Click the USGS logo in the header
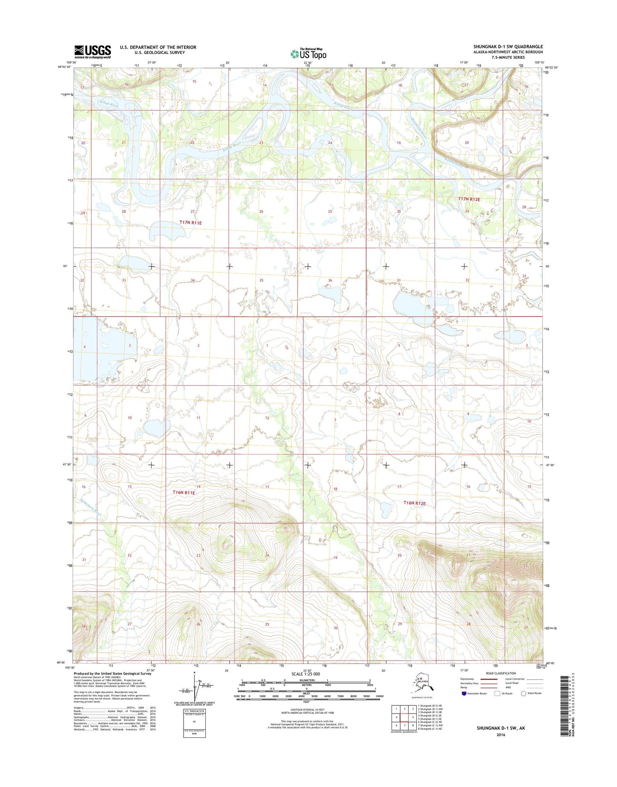click(93, 52)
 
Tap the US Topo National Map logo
click(308, 53)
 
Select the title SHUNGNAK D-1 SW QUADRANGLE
click(508, 47)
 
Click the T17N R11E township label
click(190, 223)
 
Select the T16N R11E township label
click(184, 493)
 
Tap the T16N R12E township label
click(415, 503)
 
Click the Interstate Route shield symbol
click(464, 693)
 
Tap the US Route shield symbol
click(497, 693)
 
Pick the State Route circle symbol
click(523, 693)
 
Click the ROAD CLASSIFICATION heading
click(500, 673)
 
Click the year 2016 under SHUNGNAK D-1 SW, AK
click(500, 735)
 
